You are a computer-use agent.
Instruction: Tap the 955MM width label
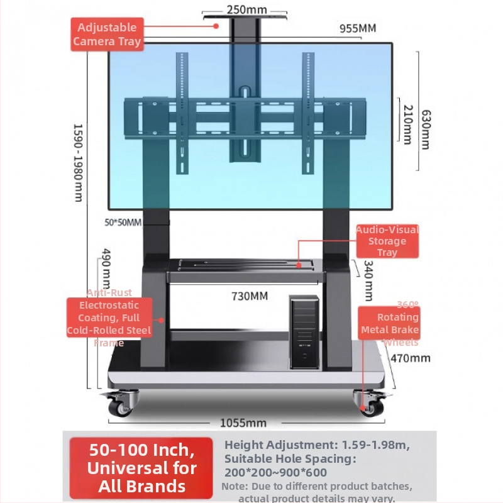(x=357, y=28)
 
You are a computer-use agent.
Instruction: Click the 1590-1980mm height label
(x=78, y=162)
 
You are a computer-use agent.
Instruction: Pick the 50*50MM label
(x=123, y=222)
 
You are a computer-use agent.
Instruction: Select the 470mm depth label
(x=410, y=358)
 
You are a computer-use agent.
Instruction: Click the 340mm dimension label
(x=368, y=280)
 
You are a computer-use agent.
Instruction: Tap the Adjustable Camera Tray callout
(x=106, y=35)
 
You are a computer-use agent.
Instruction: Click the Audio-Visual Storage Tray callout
(x=387, y=241)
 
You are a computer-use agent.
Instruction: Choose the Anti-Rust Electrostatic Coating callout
(x=109, y=318)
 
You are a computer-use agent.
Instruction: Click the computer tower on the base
(x=304, y=333)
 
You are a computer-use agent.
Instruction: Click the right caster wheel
(x=369, y=403)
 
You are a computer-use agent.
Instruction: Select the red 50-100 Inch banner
(x=141, y=468)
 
